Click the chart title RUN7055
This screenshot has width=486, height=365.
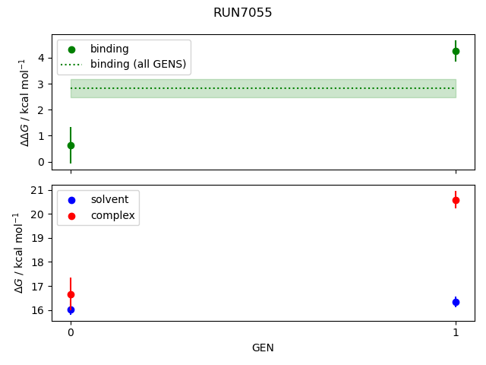point(243,13)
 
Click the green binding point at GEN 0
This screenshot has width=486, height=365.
point(71,145)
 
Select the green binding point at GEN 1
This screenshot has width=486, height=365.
point(456,51)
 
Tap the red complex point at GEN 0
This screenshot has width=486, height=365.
point(71,294)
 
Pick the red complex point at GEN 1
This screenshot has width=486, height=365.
point(456,200)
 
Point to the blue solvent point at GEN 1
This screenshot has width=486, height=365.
point(456,302)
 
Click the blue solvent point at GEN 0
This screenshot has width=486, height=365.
point(71,309)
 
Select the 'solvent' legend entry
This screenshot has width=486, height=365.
point(109,200)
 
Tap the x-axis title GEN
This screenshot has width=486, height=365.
point(263,348)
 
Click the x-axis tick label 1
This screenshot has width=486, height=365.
point(456,332)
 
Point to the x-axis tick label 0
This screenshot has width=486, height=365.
point(71,332)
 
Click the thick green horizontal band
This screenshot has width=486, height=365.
point(263,88)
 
